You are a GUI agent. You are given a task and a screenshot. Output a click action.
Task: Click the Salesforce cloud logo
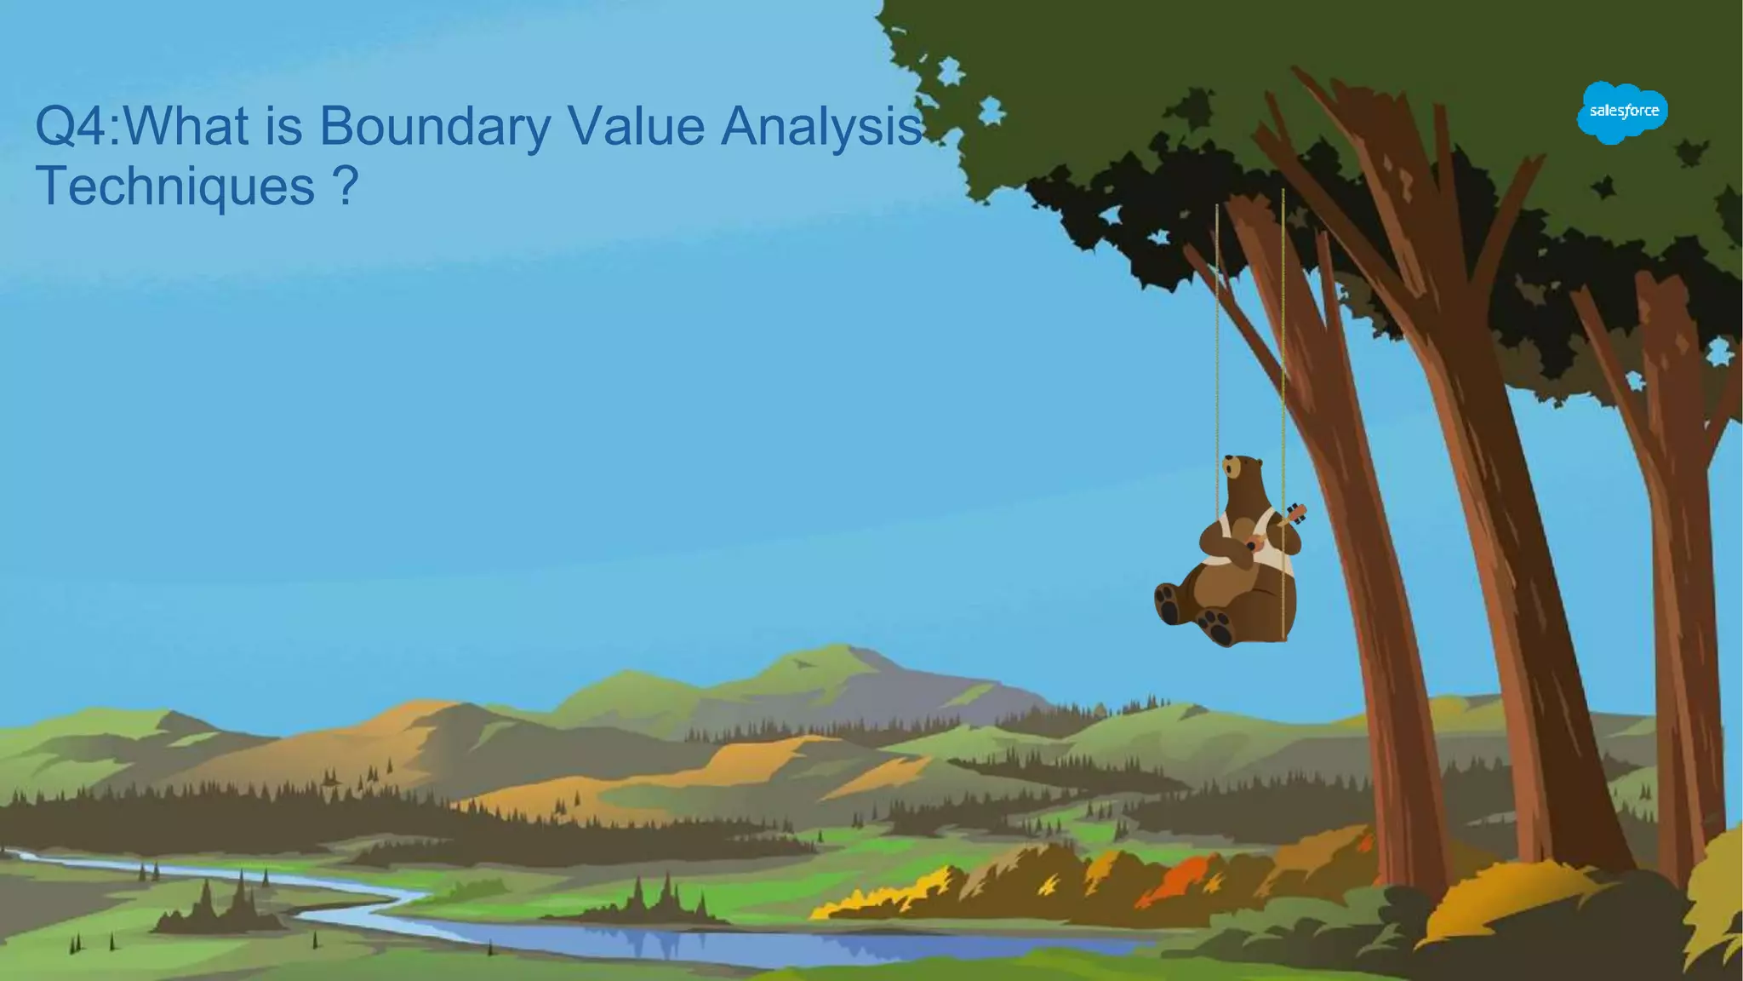point(1622,112)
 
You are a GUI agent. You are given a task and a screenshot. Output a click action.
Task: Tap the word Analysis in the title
point(821,126)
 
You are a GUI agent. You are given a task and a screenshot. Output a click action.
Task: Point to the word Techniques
point(175,186)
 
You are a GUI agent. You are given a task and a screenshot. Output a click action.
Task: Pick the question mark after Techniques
point(346,186)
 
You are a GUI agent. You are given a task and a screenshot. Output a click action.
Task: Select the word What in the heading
point(188,125)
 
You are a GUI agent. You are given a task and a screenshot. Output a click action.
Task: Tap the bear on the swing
point(1234,562)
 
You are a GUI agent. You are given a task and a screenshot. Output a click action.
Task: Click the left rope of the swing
point(1217,341)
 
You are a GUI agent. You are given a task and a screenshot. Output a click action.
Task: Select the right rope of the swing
point(1283,341)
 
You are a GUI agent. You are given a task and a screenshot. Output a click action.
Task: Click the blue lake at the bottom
point(681,942)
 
